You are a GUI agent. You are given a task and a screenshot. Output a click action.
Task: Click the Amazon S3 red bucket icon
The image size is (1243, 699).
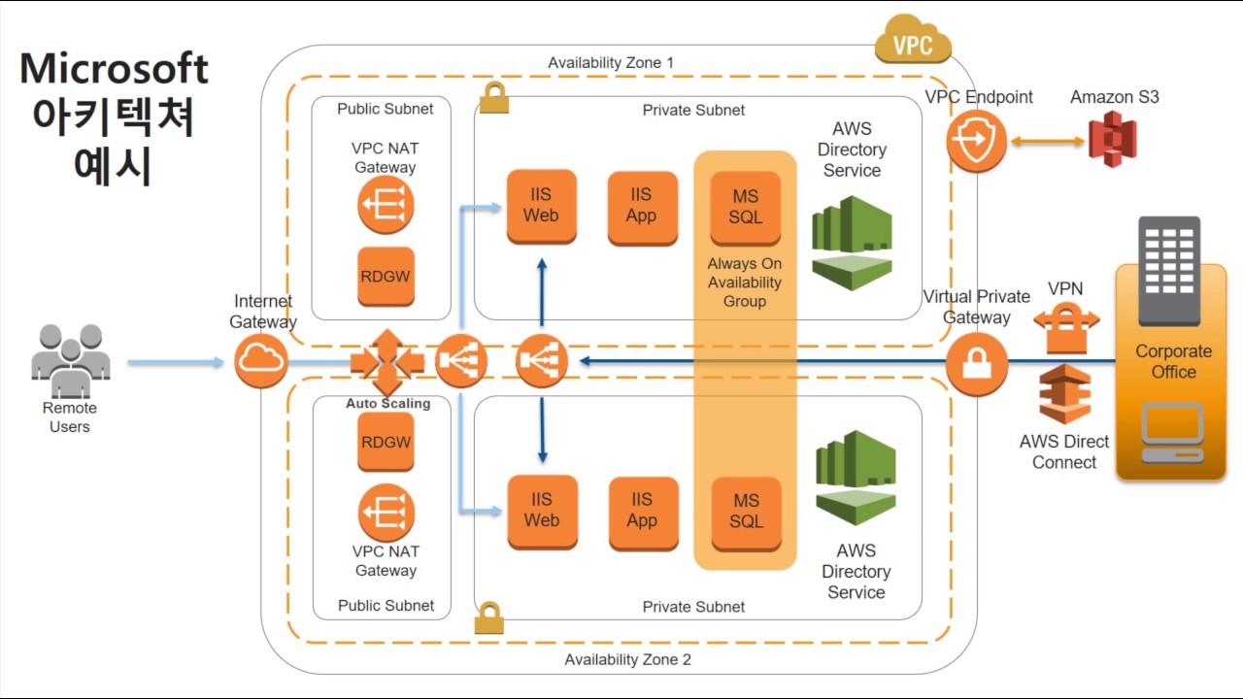[x=1112, y=139]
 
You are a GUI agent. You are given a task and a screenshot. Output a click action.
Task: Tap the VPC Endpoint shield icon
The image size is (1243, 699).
[x=976, y=141]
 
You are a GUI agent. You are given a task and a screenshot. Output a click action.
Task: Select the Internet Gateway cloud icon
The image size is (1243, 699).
[x=260, y=362]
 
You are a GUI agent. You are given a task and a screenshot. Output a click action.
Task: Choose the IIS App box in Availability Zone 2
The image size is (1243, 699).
[x=642, y=511]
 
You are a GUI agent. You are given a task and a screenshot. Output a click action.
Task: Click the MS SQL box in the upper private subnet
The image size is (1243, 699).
[x=746, y=207]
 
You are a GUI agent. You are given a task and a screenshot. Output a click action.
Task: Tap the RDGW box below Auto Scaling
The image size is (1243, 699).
[x=386, y=443]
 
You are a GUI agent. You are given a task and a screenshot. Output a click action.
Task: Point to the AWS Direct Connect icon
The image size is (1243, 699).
[x=1064, y=394]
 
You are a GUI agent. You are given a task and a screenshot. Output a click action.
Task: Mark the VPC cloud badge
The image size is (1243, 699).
[x=913, y=42]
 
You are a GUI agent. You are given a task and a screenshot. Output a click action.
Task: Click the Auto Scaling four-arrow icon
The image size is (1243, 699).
[x=386, y=362]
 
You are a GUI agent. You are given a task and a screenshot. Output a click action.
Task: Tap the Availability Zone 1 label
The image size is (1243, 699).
[x=610, y=63]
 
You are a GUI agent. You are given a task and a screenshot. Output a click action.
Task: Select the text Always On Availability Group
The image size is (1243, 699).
[x=744, y=283]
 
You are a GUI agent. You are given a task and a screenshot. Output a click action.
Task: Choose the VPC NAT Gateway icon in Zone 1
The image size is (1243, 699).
[x=386, y=205]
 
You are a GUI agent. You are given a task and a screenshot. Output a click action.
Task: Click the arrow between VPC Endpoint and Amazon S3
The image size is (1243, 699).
[x=1048, y=141]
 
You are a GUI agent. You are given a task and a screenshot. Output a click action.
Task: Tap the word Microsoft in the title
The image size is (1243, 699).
[x=114, y=69]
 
